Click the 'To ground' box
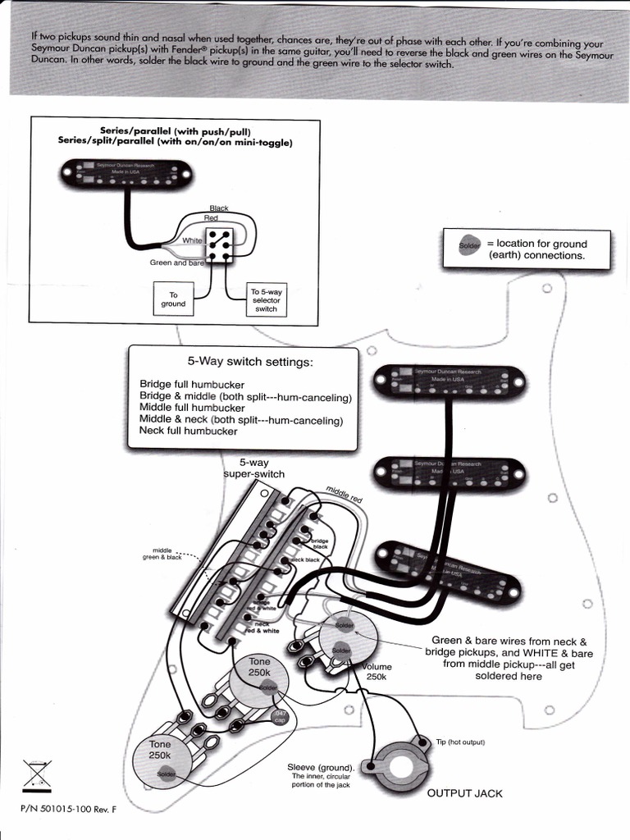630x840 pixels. click(x=173, y=299)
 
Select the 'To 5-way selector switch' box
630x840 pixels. click(x=266, y=300)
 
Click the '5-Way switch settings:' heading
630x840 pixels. click(x=250, y=362)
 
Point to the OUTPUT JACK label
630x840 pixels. click(x=464, y=793)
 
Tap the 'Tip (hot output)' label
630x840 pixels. click(x=460, y=742)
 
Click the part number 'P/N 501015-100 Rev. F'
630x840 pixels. click(x=69, y=809)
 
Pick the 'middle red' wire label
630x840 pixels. click(x=344, y=495)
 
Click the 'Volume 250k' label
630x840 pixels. click(x=377, y=672)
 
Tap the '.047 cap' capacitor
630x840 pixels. click(x=281, y=716)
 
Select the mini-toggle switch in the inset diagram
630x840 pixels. click(x=219, y=244)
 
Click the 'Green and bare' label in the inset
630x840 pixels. click(x=176, y=263)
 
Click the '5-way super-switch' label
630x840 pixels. click(x=254, y=468)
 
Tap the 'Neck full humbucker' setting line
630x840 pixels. click(x=188, y=431)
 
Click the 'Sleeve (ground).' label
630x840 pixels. click(x=320, y=768)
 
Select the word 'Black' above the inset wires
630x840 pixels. click(x=219, y=208)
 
